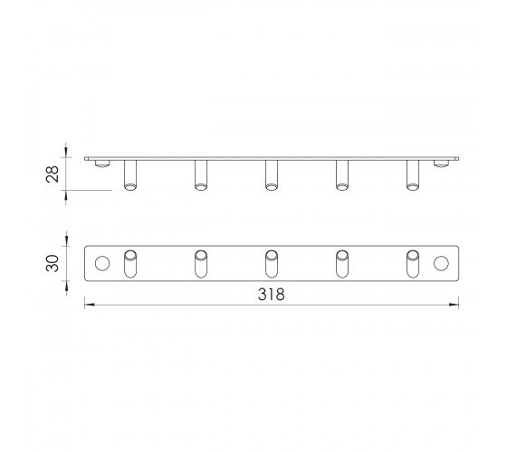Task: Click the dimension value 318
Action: pyautogui.click(x=272, y=295)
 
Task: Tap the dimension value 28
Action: pyautogui.click(x=53, y=174)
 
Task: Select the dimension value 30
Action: pyautogui.click(x=53, y=263)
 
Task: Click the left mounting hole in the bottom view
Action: pyautogui.click(x=102, y=263)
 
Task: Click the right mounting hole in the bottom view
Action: pyautogui.click(x=441, y=263)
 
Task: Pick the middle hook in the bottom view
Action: pyautogui.click(x=272, y=264)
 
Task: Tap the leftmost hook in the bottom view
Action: pyautogui.click(x=130, y=264)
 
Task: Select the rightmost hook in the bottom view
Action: pyautogui.click(x=413, y=264)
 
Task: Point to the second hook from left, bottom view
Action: pyautogui.click(x=201, y=264)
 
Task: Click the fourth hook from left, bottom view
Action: pyautogui.click(x=342, y=264)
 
